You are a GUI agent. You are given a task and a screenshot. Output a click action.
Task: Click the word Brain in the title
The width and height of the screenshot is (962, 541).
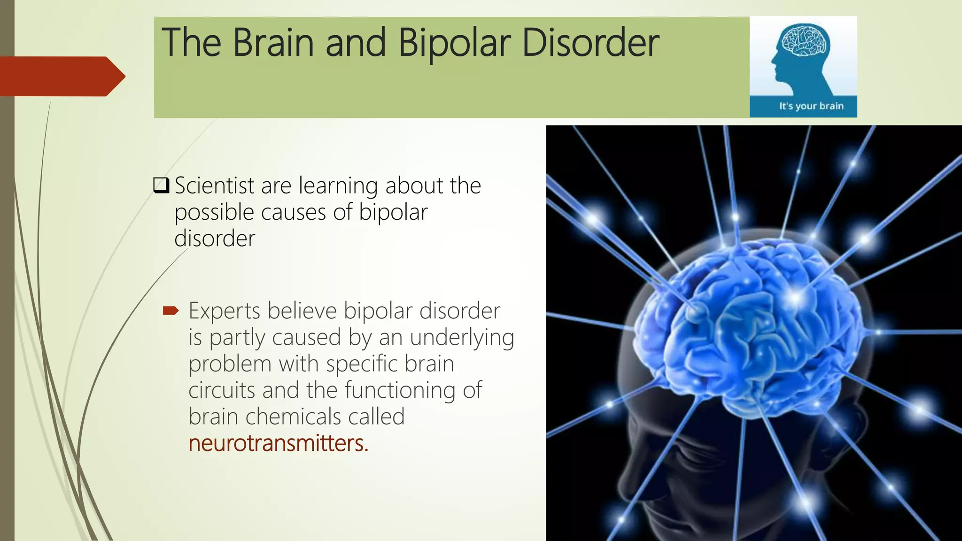tap(273, 43)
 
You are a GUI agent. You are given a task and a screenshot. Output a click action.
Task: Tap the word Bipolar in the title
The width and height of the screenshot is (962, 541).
tap(454, 43)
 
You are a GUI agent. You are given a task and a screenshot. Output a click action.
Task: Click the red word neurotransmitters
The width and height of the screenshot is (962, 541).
tap(278, 443)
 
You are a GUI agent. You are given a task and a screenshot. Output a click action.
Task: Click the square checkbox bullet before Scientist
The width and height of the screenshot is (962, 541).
tap(161, 185)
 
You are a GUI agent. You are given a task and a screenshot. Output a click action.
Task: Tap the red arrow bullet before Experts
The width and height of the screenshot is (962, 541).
tap(171, 310)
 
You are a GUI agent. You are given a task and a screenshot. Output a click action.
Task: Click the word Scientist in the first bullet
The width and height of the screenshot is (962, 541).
tap(214, 185)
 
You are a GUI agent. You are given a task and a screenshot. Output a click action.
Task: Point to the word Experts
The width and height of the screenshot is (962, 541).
tap(224, 311)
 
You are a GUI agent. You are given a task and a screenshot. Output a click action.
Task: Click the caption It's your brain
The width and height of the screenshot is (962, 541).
tap(811, 106)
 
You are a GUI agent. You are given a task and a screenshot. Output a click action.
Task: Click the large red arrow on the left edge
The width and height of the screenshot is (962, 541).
tap(61, 76)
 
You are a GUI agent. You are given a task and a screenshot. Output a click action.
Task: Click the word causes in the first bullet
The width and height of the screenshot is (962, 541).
tap(293, 212)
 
